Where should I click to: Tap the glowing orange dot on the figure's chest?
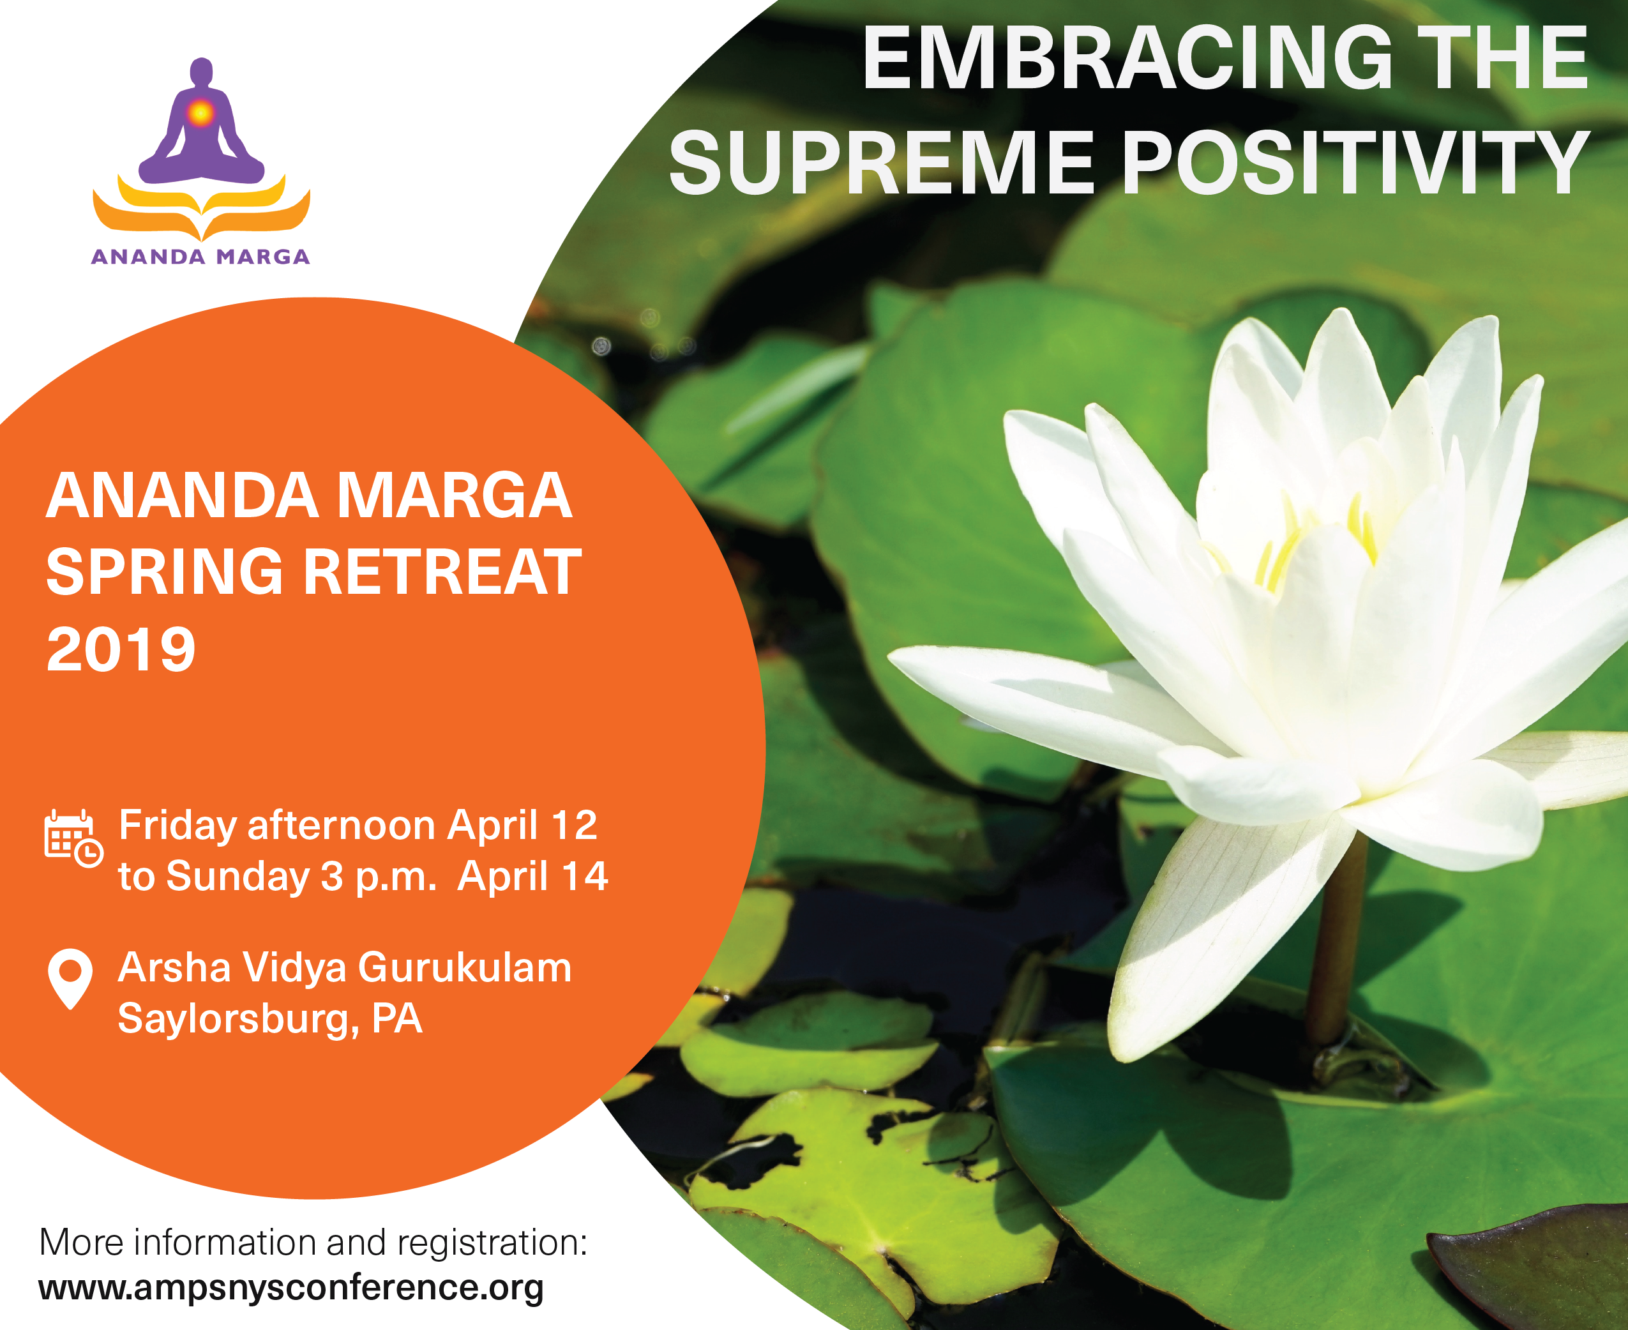click(x=200, y=114)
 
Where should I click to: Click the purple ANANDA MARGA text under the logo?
click(x=200, y=257)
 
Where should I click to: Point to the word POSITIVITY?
click(x=1355, y=162)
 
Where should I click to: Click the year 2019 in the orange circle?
click(x=121, y=649)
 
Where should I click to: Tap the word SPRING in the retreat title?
click(x=165, y=571)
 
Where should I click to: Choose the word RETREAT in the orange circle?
click(x=443, y=571)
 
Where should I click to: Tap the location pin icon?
click(x=70, y=979)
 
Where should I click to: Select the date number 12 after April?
click(x=575, y=825)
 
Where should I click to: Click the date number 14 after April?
click(x=585, y=875)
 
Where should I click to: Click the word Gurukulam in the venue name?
click(x=465, y=967)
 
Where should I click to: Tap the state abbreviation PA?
click(x=397, y=1018)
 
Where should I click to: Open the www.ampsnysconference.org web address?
click(x=291, y=1288)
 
